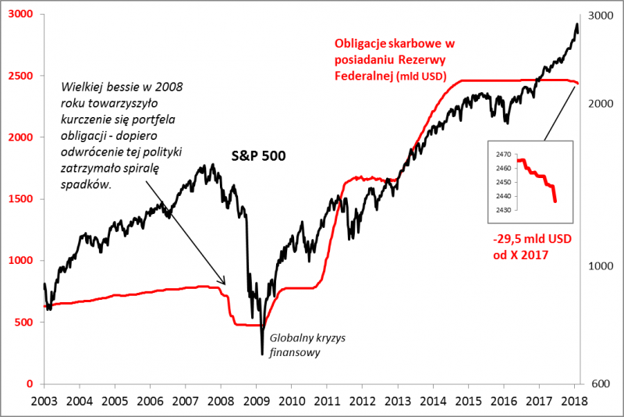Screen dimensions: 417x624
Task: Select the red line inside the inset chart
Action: pyautogui.click(x=538, y=175)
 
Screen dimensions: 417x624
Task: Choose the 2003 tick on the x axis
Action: pyautogui.click(x=43, y=401)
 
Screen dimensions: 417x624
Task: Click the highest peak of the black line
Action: pyautogui.click(x=576, y=25)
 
